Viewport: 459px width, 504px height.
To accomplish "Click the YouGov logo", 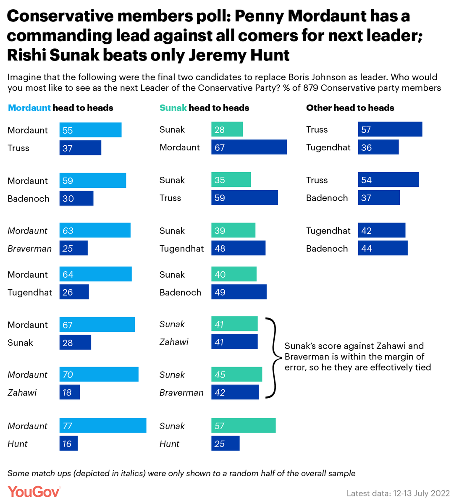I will pos(34,492).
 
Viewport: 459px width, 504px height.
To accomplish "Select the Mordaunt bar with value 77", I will pos(103,425).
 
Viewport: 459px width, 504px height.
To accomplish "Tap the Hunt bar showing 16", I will pos(68,444).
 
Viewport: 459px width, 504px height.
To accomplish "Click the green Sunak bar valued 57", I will pos(243,425).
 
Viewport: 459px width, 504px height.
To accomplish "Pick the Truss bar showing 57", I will pos(390,129).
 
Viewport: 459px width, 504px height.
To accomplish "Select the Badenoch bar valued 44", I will pos(383,248).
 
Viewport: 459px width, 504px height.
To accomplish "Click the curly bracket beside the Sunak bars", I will pos(273,358).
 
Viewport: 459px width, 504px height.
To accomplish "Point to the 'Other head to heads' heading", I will pos(350,108).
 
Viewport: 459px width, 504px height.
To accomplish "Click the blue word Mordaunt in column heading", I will pos(29,108).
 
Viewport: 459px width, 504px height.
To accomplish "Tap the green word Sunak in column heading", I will pos(173,108).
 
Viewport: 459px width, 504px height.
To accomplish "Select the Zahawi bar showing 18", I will pos(69,392).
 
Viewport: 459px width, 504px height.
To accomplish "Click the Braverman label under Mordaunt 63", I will pos(29,249).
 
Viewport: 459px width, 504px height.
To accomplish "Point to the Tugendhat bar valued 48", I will pos(238,248).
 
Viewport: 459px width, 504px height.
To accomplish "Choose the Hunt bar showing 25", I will pos(225,444).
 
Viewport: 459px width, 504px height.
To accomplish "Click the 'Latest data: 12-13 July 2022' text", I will pos(398,493).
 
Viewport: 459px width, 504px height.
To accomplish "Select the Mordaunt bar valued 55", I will pos(90,130).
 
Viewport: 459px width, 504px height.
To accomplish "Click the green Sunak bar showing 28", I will pos(227,129).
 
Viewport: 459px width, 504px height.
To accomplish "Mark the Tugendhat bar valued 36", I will pos(378,147).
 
